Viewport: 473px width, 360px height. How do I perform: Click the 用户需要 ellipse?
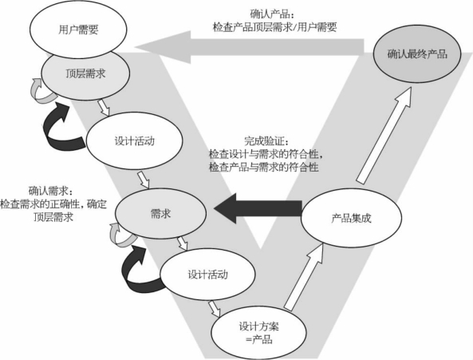pos(78,30)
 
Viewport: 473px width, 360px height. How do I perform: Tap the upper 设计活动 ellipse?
pos(135,141)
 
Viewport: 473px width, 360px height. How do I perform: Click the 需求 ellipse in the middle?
pos(161,214)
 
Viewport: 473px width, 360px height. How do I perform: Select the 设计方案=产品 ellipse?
pos(258,333)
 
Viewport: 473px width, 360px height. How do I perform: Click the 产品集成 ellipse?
pos(352,218)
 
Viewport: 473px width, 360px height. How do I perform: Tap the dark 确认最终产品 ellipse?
pos(417,54)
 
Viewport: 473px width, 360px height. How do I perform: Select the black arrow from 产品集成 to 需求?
pos(258,208)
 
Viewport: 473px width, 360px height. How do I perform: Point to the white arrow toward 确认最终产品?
pos(384,135)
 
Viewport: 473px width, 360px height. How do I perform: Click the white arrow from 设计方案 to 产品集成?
pos(304,277)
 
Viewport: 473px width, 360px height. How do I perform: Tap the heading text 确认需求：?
pos(51,191)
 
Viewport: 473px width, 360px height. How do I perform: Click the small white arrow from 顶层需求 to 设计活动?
pos(104,108)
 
